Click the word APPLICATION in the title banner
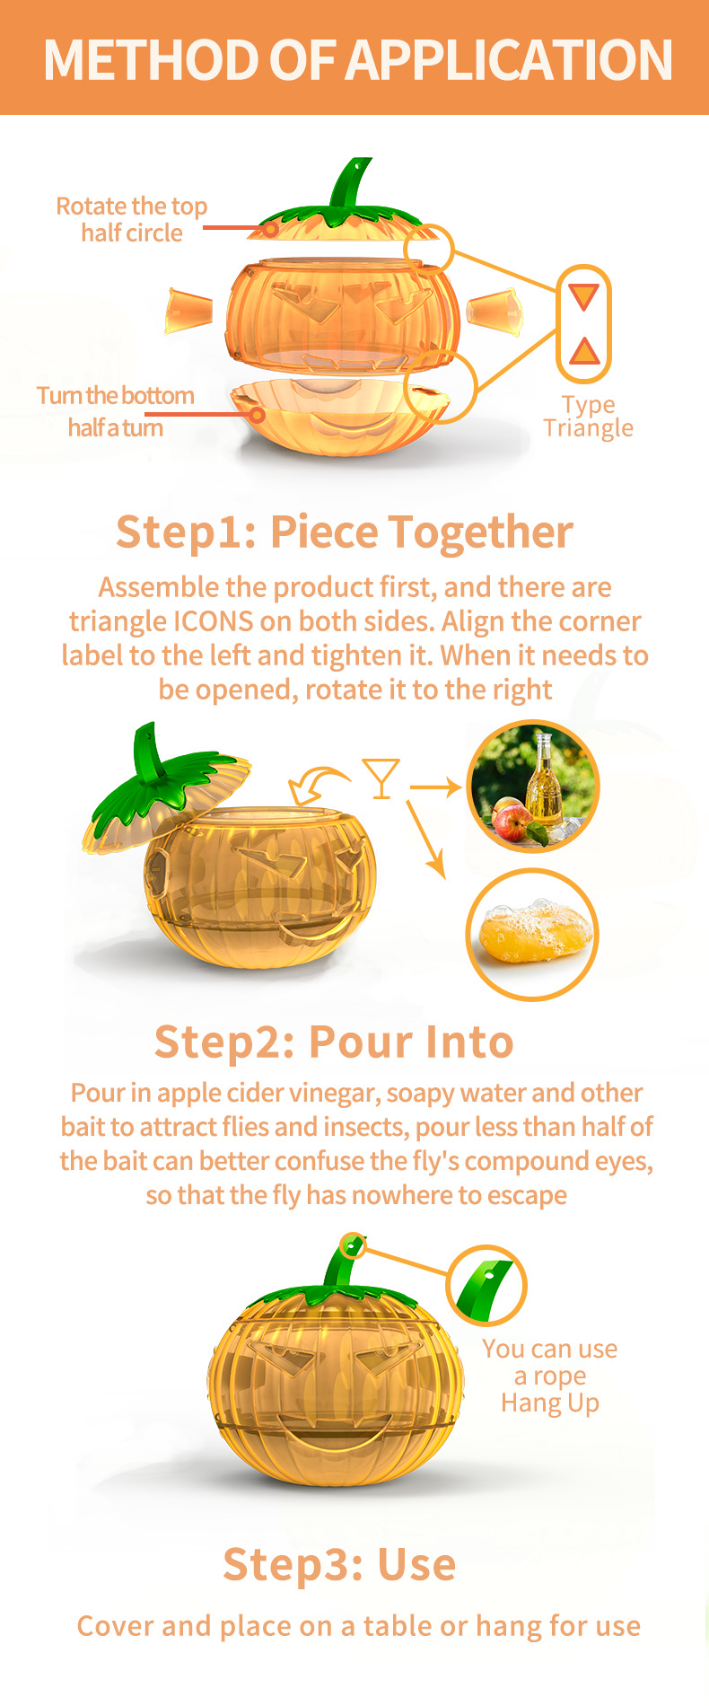[x=509, y=60]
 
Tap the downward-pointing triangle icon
[x=583, y=296]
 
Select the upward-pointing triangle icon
[x=584, y=350]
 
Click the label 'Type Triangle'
[x=589, y=417]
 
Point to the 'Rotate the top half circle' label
[x=132, y=219]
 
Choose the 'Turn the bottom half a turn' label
[x=116, y=411]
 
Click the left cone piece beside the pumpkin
[x=188, y=311]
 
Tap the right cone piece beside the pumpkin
[x=495, y=311]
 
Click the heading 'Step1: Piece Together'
[x=345, y=532]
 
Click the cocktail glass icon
[x=381, y=778]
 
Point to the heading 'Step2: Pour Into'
[x=334, y=1042]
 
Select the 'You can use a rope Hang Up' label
[x=550, y=1376]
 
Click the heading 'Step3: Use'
[x=339, y=1564]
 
